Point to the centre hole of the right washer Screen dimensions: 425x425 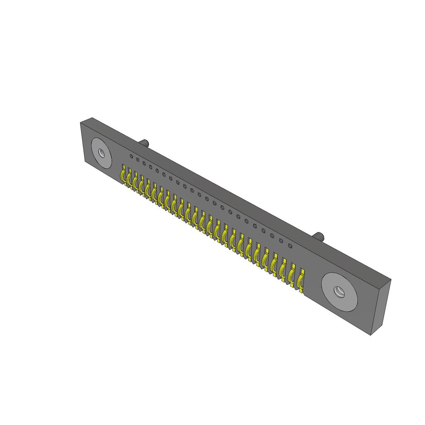tap(340, 292)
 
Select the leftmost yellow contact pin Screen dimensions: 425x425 tap(123, 174)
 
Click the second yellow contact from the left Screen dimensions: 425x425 tap(129, 178)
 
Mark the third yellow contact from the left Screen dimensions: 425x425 tap(135, 181)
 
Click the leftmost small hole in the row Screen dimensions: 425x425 tap(132, 156)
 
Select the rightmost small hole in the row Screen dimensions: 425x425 tap(291, 246)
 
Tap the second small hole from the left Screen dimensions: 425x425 tap(138, 160)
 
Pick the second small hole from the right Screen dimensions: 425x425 tap(281, 241)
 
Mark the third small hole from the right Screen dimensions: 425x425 tap(272, 236)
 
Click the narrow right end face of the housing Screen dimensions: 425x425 tap(381, 307)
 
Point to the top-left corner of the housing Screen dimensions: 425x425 tap(80, 123)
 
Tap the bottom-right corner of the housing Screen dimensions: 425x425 tap(371, 335)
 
